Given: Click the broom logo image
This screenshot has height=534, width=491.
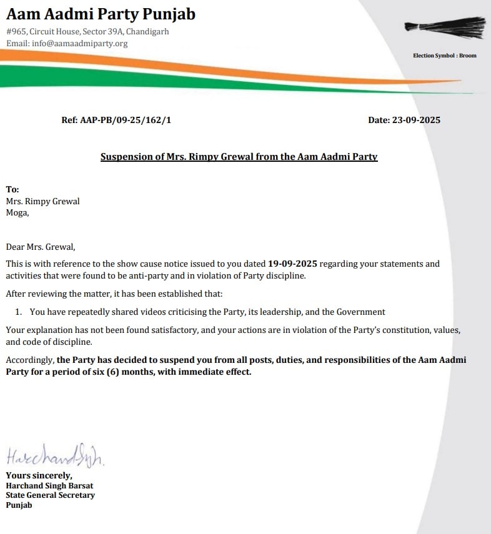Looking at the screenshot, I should (x=444, y=26).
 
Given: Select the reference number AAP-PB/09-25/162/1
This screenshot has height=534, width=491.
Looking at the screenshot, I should (x=125, y=120).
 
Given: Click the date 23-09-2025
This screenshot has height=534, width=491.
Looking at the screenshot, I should (x=416, y=120).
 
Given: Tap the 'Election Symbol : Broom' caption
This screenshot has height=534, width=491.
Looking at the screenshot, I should (x=444, y=56).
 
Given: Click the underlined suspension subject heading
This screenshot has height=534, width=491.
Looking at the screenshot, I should (x=239, y=157).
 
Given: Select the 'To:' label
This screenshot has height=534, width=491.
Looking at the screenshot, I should (x=12, y=189).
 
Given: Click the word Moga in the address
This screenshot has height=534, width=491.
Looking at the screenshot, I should (x=16, y=212).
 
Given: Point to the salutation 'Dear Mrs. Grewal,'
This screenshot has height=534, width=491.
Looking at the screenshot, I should (x=40, y=247).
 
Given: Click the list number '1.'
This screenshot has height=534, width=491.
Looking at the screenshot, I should (x=19, y=311).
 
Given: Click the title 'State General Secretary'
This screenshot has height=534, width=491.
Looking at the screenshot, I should (x=50, y=495).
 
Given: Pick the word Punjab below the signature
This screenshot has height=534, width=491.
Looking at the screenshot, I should (x=19, y=505).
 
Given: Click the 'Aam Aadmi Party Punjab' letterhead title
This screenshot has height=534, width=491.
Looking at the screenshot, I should (x=101, y=14).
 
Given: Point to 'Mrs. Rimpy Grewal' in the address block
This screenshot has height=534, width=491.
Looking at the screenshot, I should (x=42, y=201).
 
